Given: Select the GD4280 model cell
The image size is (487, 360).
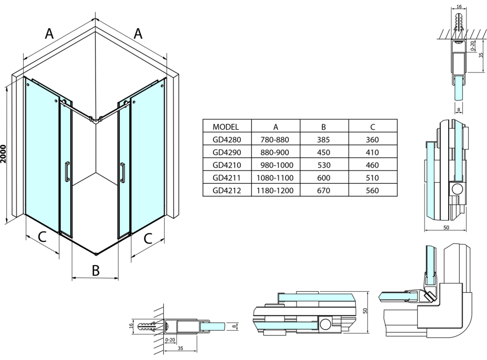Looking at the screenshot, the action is click(227, 140).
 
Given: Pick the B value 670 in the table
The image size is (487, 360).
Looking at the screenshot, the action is click(323, 190).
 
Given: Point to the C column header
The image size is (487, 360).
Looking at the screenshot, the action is click(373, 126).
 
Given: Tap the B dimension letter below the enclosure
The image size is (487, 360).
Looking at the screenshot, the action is click(96, 271).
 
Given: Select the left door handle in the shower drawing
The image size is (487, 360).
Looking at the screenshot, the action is click(67, 171).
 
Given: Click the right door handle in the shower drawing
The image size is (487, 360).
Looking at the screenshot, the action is click(122, 172).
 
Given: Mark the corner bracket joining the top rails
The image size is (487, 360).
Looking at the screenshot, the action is click(96, 119).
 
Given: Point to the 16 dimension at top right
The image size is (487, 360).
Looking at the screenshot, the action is click(459, 6).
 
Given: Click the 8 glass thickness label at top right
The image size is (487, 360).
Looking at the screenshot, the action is click(459, 110).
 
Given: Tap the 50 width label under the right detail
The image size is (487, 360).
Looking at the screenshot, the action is click(446, 228).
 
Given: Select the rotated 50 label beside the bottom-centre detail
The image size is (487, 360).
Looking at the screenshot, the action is click(365, 311).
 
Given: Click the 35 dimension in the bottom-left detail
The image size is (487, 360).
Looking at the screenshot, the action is click(180, 348).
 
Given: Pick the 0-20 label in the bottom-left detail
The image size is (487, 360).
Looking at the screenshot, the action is click(170, 340).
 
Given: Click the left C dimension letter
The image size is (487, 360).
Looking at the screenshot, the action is click(42, 237).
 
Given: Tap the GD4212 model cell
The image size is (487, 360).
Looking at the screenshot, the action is click(227, 190).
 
